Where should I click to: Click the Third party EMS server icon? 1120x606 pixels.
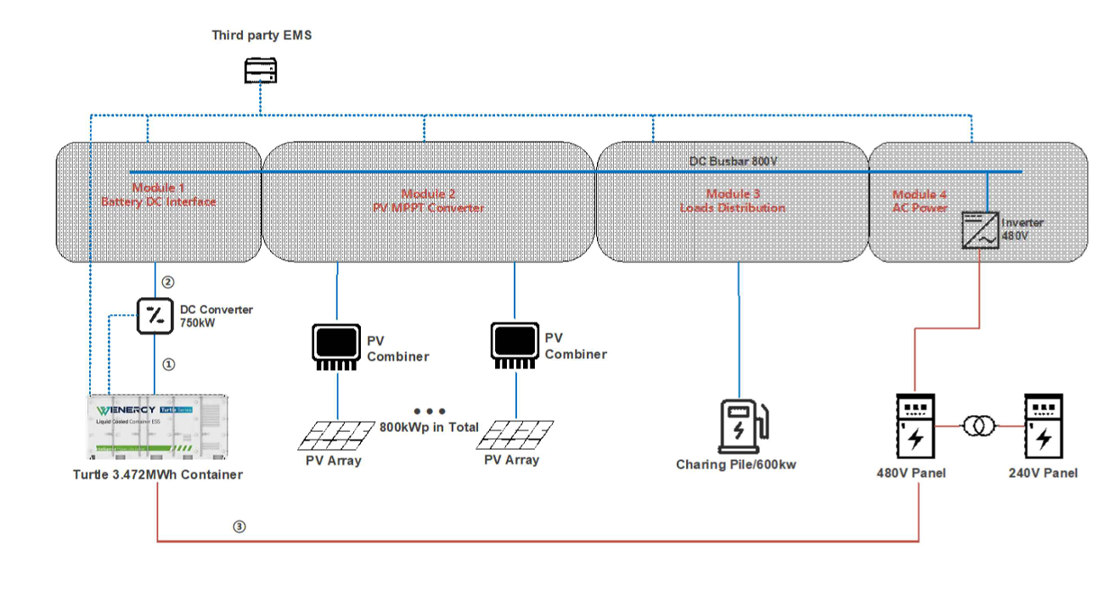[261, 70]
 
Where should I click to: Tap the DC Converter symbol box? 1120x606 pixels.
[155, 317]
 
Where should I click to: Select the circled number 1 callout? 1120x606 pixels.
[168, 364]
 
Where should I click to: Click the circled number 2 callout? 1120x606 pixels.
[168, 282]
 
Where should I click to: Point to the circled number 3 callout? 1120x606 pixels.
[239, 526]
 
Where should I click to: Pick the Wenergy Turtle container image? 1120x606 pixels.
[158, 429]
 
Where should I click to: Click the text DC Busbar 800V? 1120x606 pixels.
[733, 160]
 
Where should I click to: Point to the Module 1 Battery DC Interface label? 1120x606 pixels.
[158, 194]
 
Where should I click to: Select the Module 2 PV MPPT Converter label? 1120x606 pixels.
[429, 201]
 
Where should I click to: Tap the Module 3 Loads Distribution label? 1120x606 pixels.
[733, 201]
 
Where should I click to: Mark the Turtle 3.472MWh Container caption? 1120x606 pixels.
[158, 474]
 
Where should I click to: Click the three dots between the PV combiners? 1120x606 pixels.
[429, 411]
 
